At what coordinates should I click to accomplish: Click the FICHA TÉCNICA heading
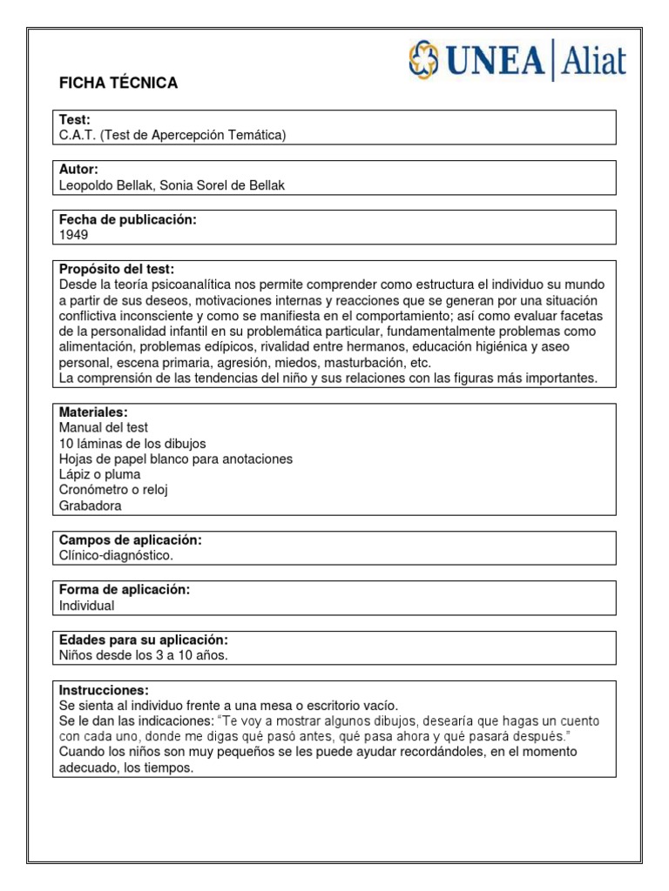coord(118,84)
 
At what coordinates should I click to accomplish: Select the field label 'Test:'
coord(75,119)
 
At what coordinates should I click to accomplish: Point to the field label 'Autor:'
coord(78,169)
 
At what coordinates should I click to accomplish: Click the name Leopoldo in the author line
coord(87,184)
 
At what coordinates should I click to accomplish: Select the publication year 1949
coord(73,235)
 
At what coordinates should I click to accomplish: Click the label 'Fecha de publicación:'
coord(127,219)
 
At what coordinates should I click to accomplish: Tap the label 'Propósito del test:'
coord(117,269)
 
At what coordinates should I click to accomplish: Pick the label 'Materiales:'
coord(93,412)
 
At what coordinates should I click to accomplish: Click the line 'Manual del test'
coord(103,427)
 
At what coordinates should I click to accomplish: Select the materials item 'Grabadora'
coord(91,506)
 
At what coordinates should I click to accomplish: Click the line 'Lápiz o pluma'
coord(99,474)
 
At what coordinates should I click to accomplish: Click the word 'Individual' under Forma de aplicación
coord(86,606)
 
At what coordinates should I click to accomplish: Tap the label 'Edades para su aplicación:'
coord(143,640)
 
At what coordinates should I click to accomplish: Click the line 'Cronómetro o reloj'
coord(112,490)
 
